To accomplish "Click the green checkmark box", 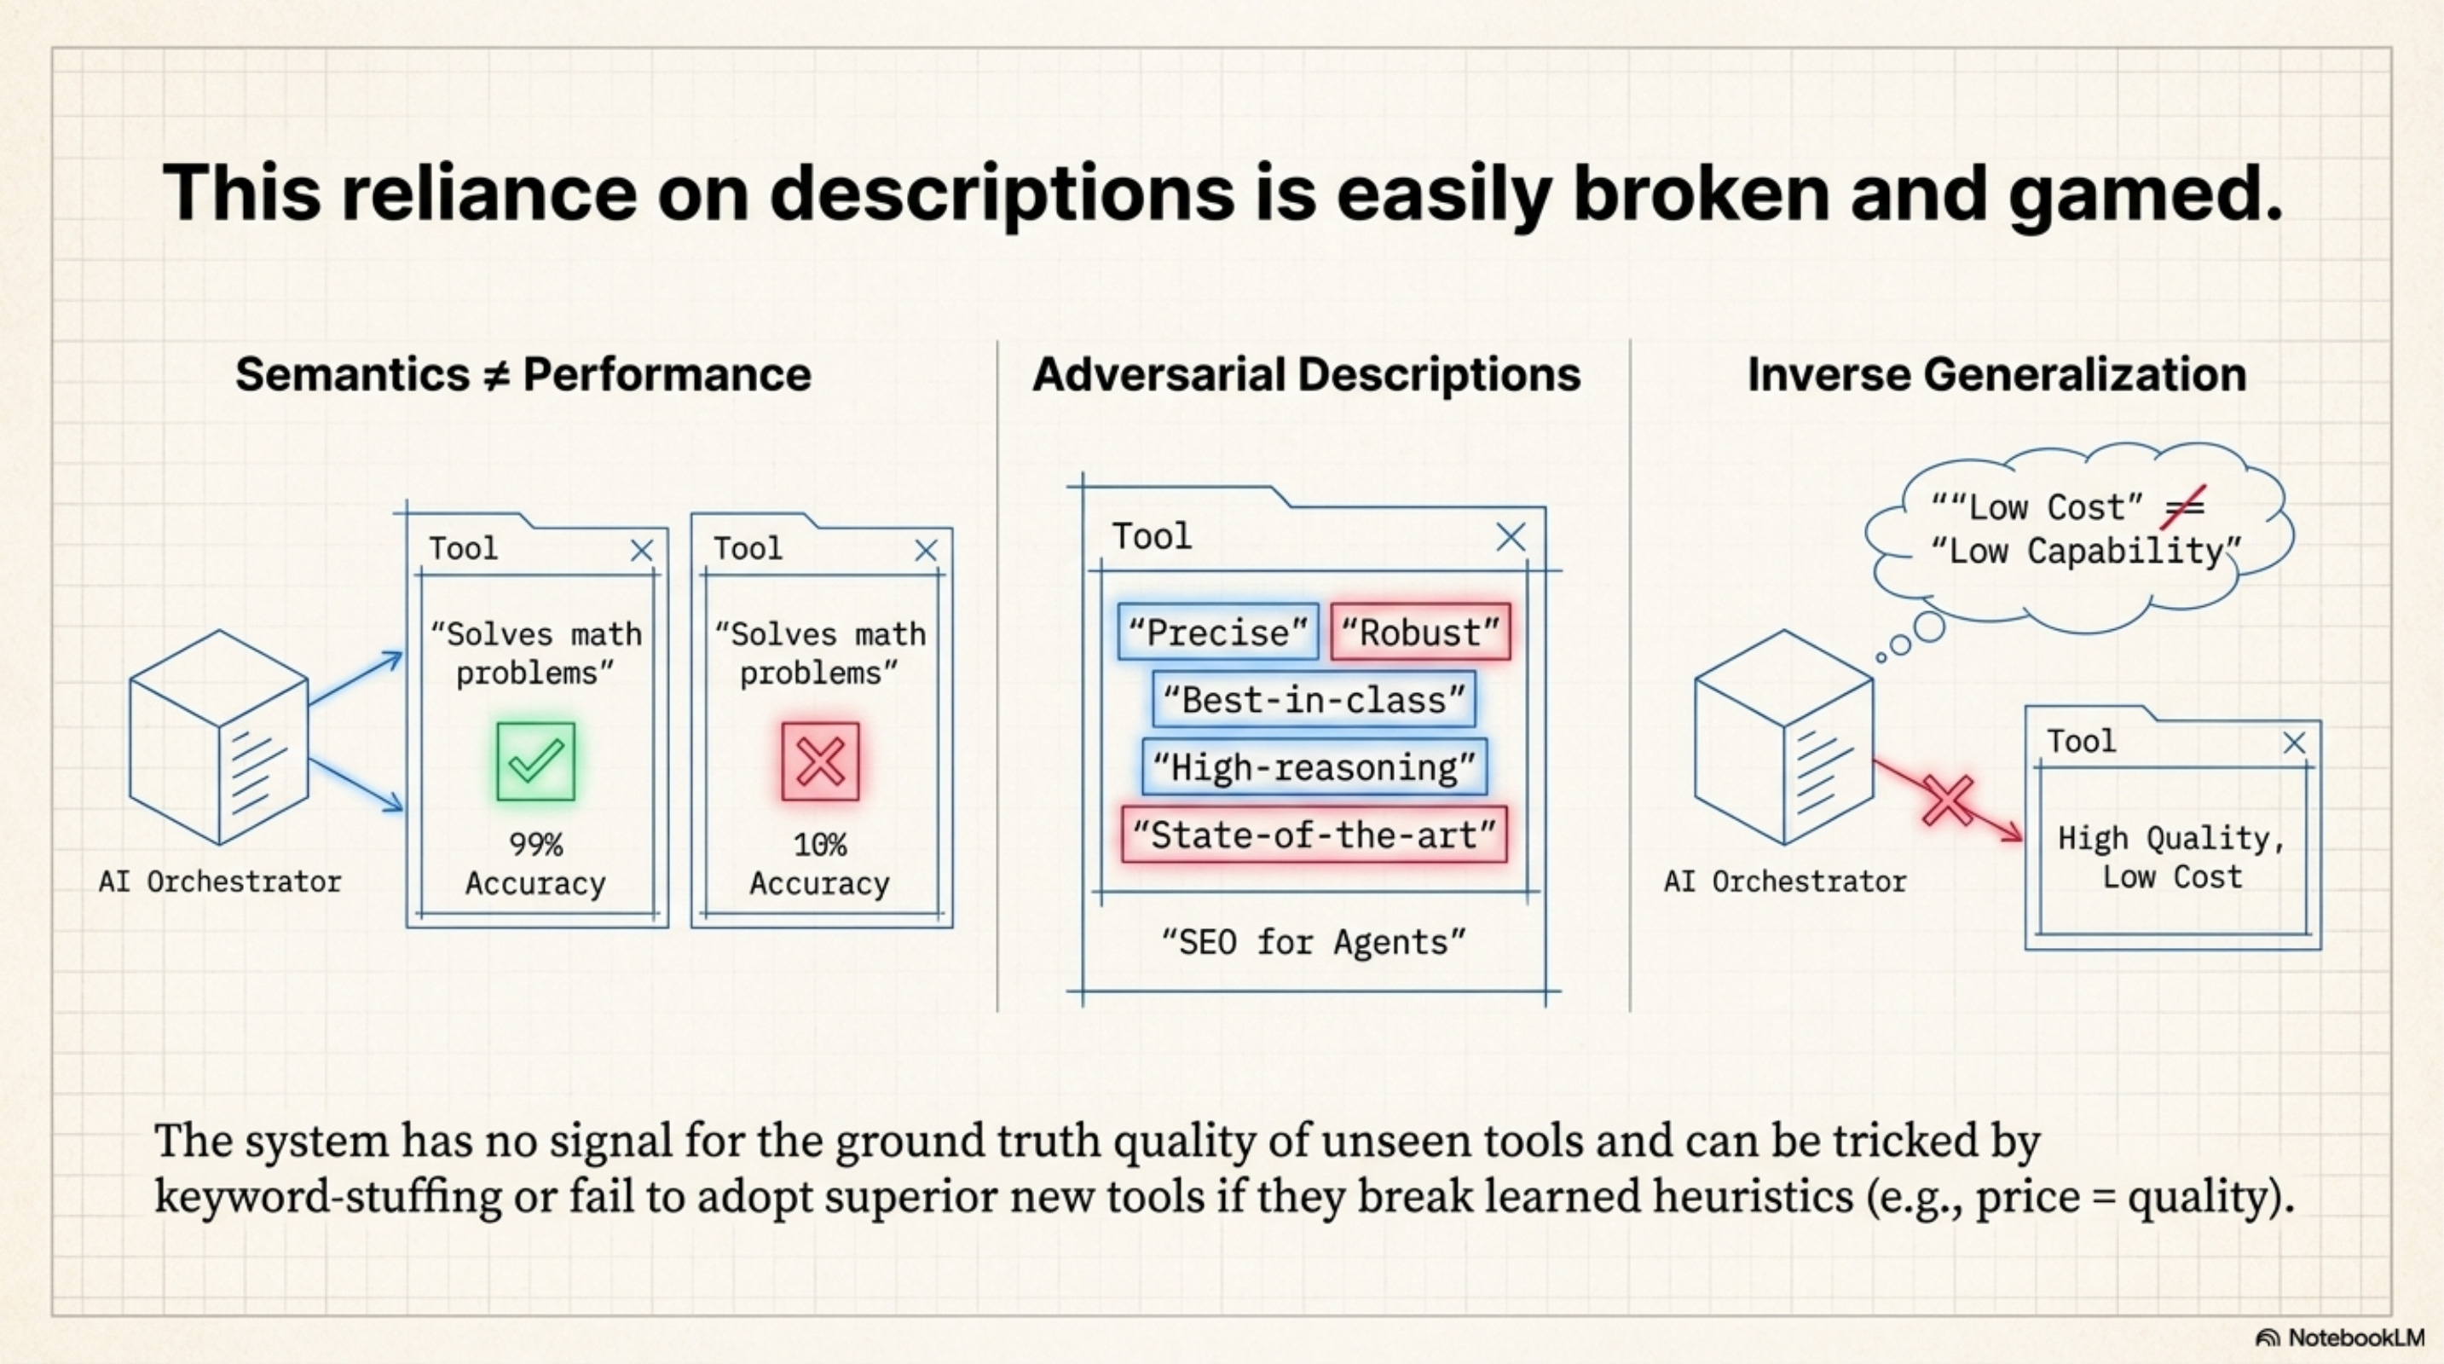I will point(535,761).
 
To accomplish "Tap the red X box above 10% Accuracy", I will point(821,761).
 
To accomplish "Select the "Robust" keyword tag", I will point(1420,633).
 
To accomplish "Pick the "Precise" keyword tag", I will point(1218,633).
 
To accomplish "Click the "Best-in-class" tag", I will point(1314,700).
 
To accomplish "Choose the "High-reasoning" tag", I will point(1314,767).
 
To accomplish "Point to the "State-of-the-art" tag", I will point(1314,835).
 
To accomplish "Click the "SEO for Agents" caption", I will point(1314,943).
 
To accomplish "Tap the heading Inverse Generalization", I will point(1997,374).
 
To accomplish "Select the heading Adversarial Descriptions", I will point(1307,374).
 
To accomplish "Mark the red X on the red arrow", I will point(1948,800).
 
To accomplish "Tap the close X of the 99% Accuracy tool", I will point(642,550).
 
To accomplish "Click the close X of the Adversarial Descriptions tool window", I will point(1511,537).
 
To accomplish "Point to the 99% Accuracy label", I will point(535,864).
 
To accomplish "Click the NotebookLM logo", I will point(2340,1338).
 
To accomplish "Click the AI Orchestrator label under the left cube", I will point(220,882).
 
